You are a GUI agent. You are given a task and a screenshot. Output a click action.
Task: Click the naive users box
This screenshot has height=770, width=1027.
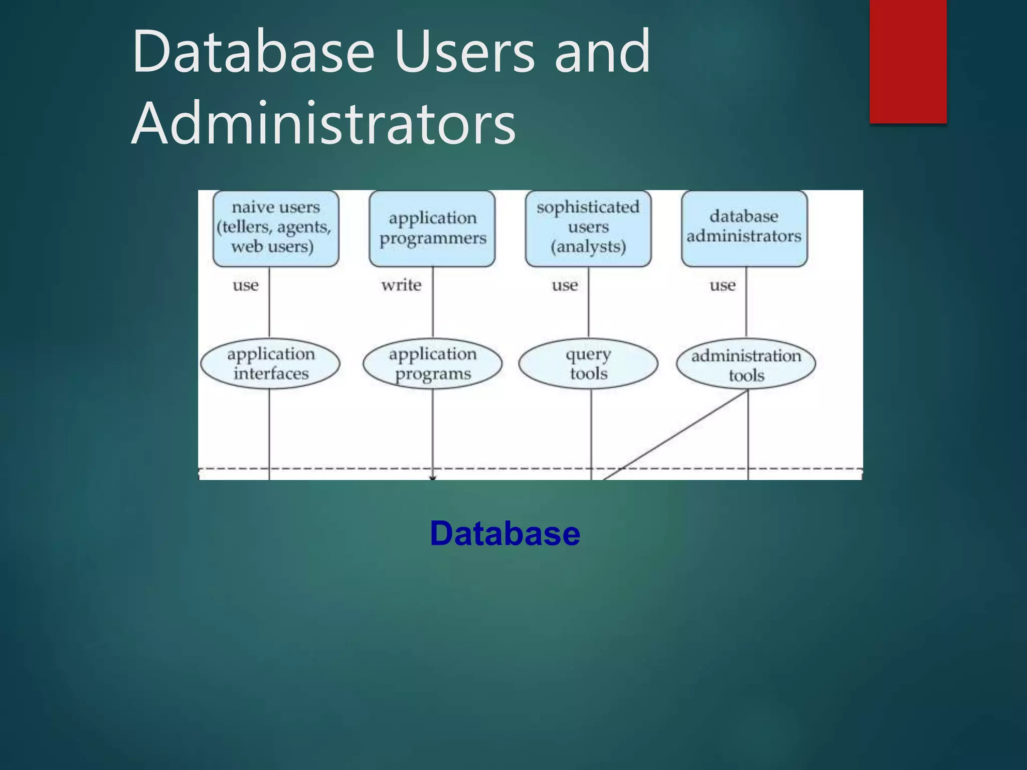pyautogui.click(x=276, y=228)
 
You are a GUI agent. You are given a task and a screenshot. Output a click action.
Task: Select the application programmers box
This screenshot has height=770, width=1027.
pyautogui.click(x=432, y=228)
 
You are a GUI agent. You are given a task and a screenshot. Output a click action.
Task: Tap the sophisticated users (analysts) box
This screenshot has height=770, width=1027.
pyautogui.click(x=588, y=228)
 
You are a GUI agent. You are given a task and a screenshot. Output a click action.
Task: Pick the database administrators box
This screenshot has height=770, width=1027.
pyautogui.click(x=744, y=228)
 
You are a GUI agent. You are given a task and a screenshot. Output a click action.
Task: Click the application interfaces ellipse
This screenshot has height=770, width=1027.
pyautogui.click(x=270, y=363)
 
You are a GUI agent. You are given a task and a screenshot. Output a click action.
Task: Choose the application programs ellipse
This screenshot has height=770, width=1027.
pyautogui.click(x=432, y=363)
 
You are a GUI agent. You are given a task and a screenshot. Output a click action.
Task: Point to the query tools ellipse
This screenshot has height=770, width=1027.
pyautogui.click(x=588, y=363)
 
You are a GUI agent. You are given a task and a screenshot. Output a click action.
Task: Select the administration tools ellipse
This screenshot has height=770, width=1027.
pyautogui.click(x=746, y=364)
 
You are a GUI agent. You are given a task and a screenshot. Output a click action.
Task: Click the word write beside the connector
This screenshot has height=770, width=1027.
pyautogui.click(x=401, y=285)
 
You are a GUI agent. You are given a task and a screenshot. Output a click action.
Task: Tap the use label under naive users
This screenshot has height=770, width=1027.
pyautogui.click(x=246, y=285)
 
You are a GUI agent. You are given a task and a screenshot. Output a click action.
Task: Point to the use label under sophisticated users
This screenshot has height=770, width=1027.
pyautogui.click(x=565, y=285)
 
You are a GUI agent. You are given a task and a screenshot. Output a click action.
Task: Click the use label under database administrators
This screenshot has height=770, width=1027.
pyautogui.click(x=723, y=285)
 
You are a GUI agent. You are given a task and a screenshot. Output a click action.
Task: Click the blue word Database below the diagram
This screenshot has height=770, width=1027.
pyautogui.click(x=505, y=533)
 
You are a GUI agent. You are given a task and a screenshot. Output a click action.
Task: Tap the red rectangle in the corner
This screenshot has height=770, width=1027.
pyautogui.click(x=908, y=61)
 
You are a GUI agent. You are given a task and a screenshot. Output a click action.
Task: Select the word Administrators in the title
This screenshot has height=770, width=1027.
pyautogui.click(x=323, y=123)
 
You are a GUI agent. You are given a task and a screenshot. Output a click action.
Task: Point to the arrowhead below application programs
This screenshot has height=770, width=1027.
pyautogui.click(x=433, y=478)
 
